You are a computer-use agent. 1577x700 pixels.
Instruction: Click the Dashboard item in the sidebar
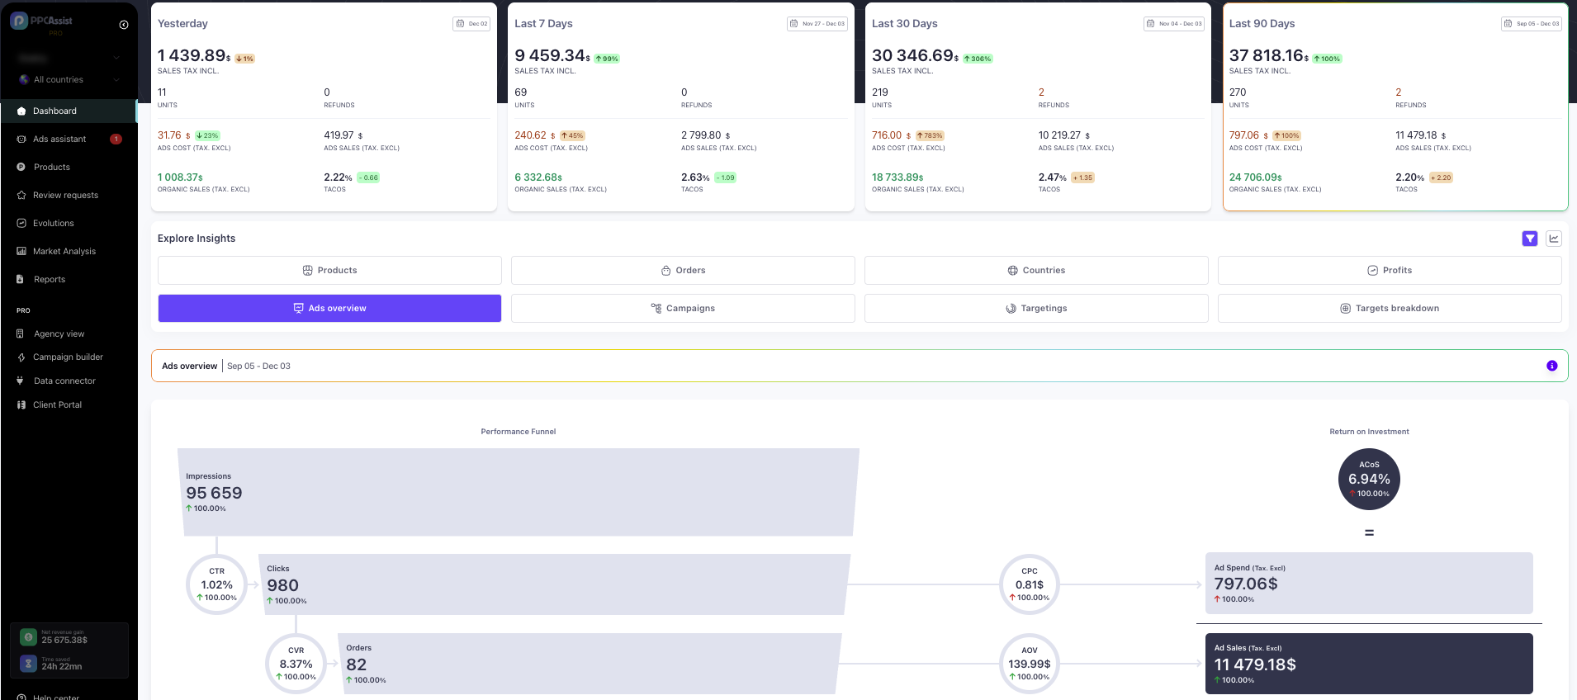point(54,111)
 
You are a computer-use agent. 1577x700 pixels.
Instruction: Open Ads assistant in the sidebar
point(59,139)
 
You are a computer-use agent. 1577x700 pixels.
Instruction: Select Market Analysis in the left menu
point(64,251)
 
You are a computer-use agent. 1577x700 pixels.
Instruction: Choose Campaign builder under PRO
point(68,357)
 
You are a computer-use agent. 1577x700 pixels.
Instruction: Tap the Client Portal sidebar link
point(57,404)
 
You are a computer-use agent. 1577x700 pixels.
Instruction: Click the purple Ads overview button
point(329,308)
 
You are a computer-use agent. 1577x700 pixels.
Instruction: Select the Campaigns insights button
point(683,308)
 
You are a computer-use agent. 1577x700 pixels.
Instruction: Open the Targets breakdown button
point(1390,308)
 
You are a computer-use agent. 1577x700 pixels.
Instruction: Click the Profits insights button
point(1390,270)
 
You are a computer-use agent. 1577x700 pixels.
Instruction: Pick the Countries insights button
point(1036,270)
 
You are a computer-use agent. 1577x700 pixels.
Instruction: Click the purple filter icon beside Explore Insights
point(1530,239)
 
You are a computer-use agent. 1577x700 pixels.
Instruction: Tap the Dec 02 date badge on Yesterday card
point(471,24)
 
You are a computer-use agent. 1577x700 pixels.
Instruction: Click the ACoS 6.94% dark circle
point(1369,480)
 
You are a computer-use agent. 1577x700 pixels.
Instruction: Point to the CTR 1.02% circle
point(216,584)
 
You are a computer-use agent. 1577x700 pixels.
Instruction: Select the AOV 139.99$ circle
point(1029,664)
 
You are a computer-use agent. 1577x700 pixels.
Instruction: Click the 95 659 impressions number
point(214,493)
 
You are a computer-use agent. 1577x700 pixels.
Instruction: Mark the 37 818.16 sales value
point(1268,55)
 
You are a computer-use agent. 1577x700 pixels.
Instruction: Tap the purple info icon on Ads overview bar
point(1552,366)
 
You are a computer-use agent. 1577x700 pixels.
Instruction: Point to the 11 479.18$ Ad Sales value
point(1255,665)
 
